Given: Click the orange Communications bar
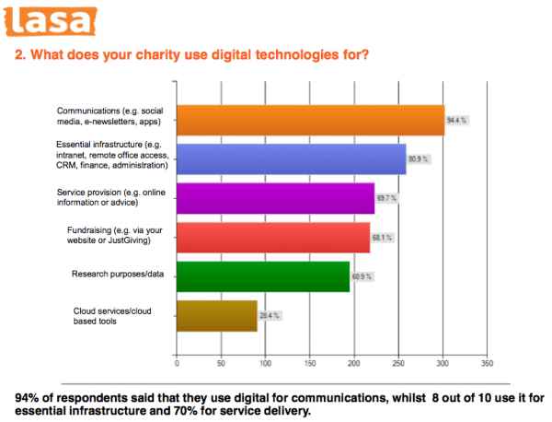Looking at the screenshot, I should point(309,120).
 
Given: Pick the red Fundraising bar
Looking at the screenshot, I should point(272,237).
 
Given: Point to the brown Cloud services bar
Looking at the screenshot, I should point(216,315).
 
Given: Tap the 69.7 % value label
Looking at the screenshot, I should point(387,198).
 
